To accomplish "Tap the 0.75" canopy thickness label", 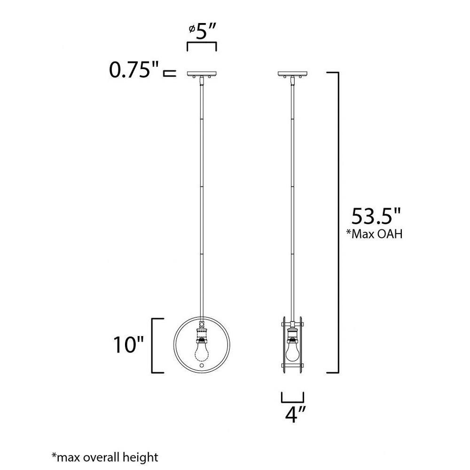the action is pyautogui.click(x=133, y=70).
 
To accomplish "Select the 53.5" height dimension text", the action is pyautogui.click(x=376, y=216).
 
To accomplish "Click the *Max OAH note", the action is pyautogui.click(x=374, y=234).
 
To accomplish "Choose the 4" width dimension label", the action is pyautogui.click(x=295, y=415).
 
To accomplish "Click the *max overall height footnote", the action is pyautogui.click(x=105, y=457).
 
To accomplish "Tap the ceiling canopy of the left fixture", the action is pyautogui.click(x=202, y=73).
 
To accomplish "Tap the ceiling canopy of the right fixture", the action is pyautogui.click(x=292, y=73).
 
